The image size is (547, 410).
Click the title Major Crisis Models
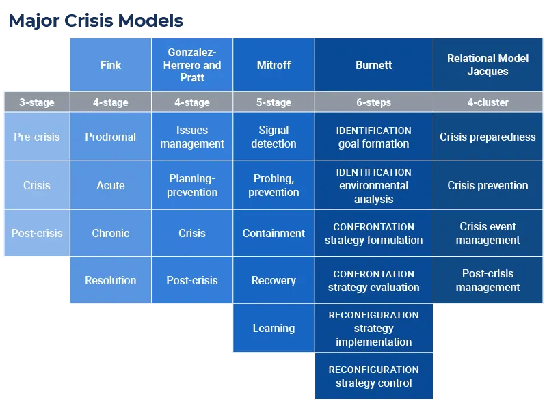click(96, 20)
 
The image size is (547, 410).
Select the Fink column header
click(111, 65)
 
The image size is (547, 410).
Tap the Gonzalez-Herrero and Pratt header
click(192, 65)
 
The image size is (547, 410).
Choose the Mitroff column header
click(274, 65)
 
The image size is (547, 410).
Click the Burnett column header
click(374, 65)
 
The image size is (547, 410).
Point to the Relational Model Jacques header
click(488, 65)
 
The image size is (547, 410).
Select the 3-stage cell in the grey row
click(37, 102)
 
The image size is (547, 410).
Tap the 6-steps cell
click(374, 102)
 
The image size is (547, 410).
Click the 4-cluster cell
click(488, 102)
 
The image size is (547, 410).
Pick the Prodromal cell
click(111, 137)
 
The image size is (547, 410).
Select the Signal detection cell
click(274, 137)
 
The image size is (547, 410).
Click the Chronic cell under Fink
click(111, 233)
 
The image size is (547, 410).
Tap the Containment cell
click(274, 233)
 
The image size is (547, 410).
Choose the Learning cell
click(274, 328)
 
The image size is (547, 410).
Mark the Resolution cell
click(111, 280)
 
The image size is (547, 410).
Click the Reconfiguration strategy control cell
click(374, 376)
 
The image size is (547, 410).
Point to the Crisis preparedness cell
click(488, 137)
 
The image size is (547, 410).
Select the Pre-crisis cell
click(37, 137)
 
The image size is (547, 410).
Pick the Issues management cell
click(192, 137)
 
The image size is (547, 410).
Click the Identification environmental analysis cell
click(374, 185)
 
